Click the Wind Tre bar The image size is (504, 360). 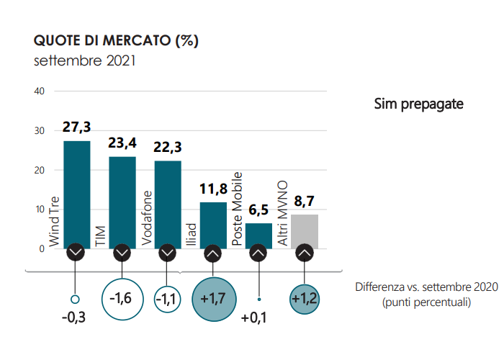tap(77, 191)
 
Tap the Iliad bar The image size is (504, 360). tap(213, 223)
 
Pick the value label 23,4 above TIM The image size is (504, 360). tap(122, 144)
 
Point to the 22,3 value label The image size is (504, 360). tap(168, 148)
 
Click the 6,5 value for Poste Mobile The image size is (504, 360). tap(258, 210)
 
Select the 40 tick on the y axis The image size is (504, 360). tap(40, 91)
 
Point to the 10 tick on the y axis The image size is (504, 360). tap(40, 210)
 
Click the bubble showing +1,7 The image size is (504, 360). tap(213, 297)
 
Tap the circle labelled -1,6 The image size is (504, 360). tap(122, 297)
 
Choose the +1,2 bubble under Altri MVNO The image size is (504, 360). tap(305, 297)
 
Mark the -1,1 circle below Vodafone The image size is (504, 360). tap(168, 297)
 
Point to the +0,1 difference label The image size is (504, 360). tap(254, 318)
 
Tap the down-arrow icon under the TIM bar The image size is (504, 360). tap(122, 253)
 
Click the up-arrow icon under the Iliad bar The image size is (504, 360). tap(213, 253)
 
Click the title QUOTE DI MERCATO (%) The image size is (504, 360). tap(117, 40)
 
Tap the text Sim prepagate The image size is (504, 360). tap(418, 104)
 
